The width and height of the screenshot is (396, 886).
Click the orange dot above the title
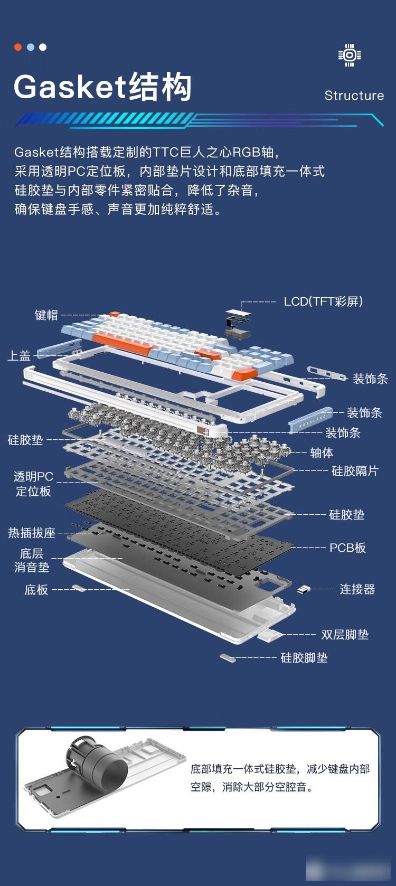18,47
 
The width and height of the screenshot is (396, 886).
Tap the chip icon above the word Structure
350,55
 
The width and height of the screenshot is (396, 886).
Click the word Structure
354,96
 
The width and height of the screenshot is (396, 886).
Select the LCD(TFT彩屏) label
323,301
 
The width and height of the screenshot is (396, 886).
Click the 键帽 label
46,315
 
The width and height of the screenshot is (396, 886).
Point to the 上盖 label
19,355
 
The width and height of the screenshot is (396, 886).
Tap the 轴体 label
321,453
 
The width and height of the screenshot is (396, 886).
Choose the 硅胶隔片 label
355,470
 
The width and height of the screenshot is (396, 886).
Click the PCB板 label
347,548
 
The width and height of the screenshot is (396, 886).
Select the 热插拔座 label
32,533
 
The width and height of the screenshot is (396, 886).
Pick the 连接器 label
357,589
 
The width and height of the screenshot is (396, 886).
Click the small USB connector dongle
304,590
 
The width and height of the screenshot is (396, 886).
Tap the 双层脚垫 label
345,635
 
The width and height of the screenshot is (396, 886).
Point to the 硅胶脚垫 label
304,658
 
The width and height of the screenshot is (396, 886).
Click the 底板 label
36,590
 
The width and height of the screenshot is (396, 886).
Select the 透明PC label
33,476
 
